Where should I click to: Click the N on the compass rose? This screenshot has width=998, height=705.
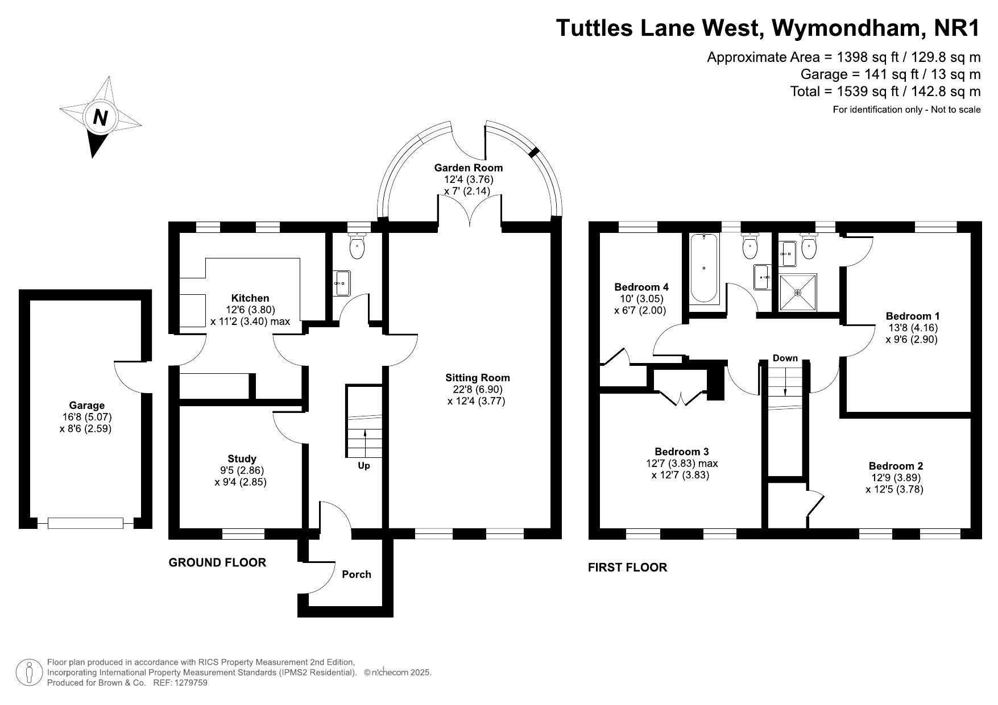101,118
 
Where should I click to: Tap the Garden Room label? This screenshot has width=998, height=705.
468,168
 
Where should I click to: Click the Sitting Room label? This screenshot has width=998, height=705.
477,378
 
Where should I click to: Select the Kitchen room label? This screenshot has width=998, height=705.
250,298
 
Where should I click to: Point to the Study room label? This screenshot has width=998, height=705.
242,458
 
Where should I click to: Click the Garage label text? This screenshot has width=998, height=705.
86,406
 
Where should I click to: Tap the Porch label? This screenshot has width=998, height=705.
357,574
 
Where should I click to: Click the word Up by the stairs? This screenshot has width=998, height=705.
364,466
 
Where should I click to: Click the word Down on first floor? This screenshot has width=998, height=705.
785,358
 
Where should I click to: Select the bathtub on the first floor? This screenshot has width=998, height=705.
703,268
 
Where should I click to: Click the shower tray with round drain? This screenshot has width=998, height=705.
798,293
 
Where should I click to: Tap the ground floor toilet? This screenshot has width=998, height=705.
357,246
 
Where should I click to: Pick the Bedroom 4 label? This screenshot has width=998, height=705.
641,287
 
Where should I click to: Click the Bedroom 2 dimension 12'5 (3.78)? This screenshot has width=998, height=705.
895,489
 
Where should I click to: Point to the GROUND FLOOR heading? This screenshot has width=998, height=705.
217,562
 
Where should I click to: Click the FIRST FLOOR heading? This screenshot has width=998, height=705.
627,567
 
